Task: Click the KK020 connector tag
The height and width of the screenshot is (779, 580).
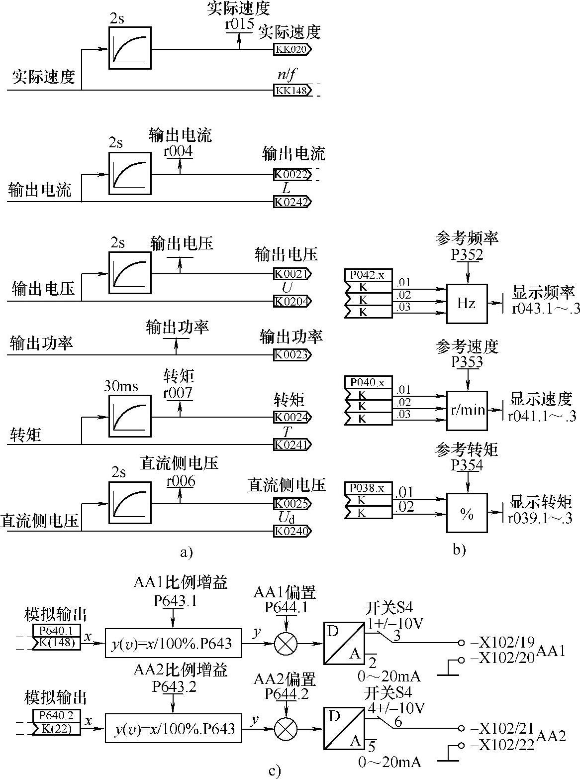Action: tap(292, 49)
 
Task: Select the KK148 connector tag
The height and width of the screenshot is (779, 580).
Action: tap(292, 90)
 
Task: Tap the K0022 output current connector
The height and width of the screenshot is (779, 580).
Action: tap(292, 175)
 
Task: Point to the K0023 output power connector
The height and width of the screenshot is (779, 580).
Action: tap(292, 355)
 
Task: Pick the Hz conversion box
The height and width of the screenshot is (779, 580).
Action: tap(467, 304)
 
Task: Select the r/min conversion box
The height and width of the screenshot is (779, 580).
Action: tap(467, 410)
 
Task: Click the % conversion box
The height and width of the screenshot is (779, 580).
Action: tap(467, 514)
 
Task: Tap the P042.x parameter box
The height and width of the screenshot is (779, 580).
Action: tap(368, 275)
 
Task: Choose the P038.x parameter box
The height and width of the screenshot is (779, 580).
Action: tap(368, 488)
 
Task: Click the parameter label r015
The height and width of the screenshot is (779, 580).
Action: tap(239, 24)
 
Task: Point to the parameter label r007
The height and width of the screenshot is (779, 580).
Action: tap(178, 393)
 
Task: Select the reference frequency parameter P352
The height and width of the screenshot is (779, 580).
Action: tap(467, 254)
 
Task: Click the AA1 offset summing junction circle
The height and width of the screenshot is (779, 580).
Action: tap(286, 643)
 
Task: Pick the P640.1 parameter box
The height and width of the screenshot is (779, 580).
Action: tap(56, 631)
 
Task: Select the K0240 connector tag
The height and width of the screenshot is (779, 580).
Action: tap(292, 531)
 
